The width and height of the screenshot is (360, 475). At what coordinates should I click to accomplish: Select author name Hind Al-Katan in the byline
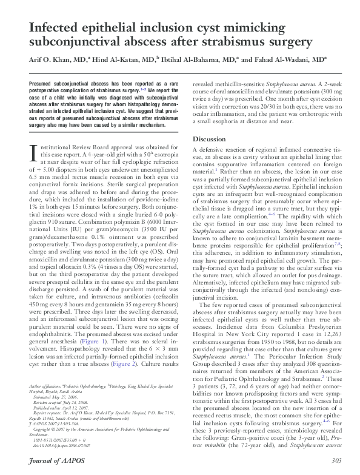point(120,60)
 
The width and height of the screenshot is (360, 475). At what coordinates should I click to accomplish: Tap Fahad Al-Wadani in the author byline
point(295,60)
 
